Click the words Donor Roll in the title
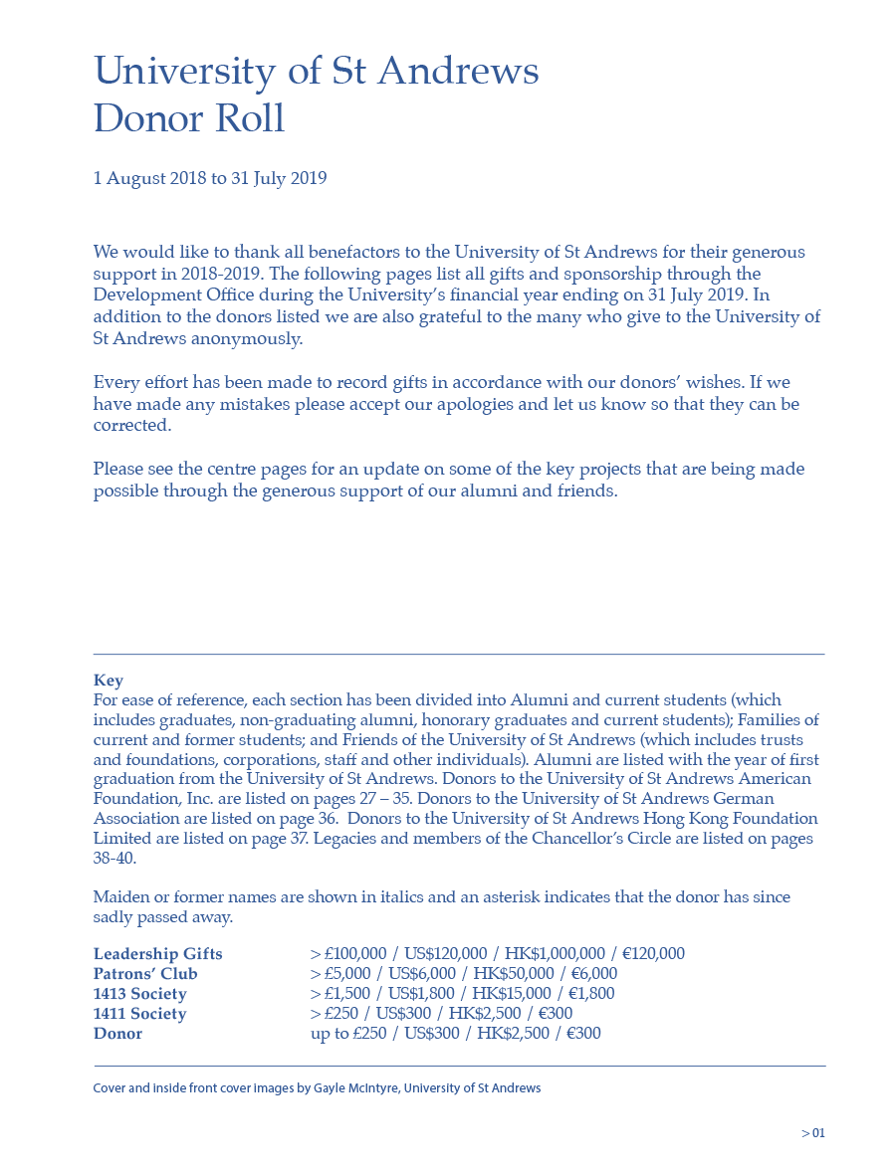[x=189, y=118]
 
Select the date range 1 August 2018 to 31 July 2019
[x=210, y=179]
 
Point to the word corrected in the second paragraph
[x=131, y=426]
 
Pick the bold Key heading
[x=109, y=681]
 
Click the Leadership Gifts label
[x=158, y=954]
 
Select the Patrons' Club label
[x=145, y=974]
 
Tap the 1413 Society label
[x=140, y=994]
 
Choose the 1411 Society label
[x=140, y=1014]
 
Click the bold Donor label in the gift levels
[x=117, y=1034]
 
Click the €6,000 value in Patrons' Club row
[x=594, y=974]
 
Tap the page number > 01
[x=813, y=1133]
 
